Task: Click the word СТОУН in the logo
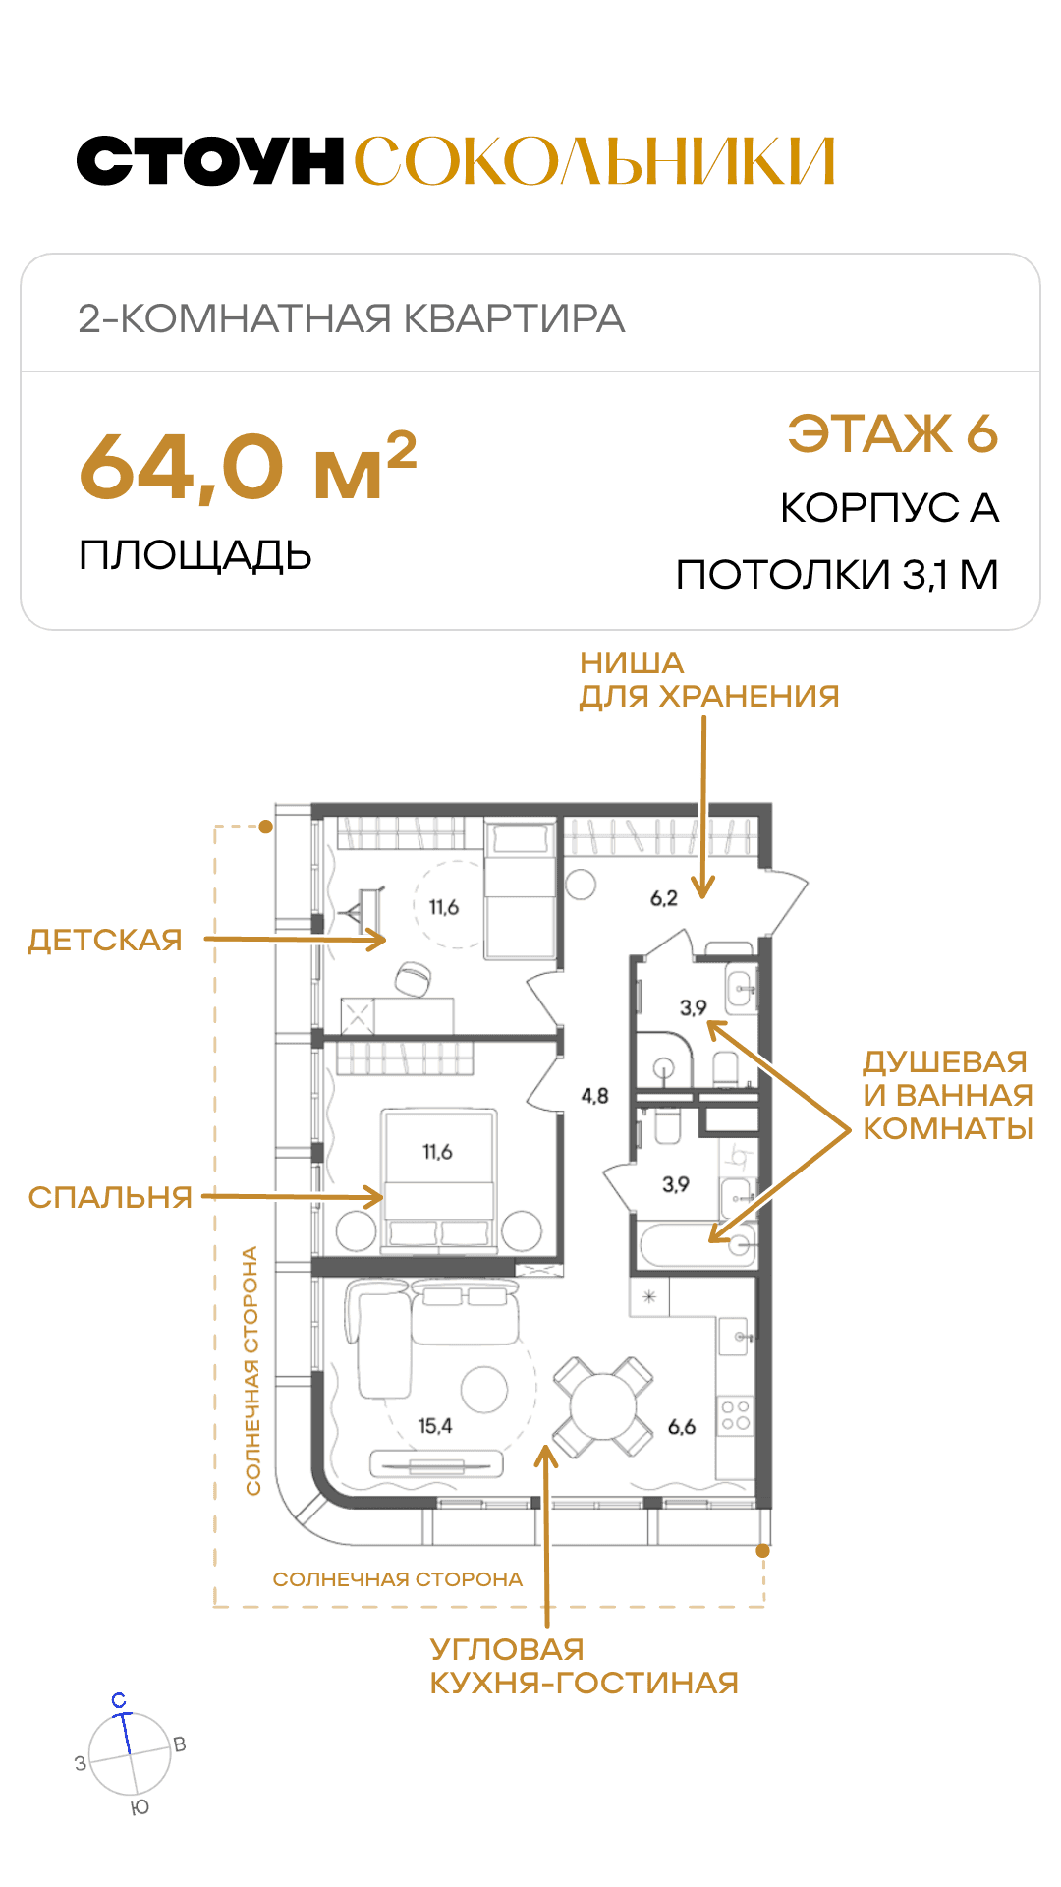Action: pyautogui.click(x=210, y=161)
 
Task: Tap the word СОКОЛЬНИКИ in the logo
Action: pyautogui.click(x=594, y=161)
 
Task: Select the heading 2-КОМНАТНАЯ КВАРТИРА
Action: pyautogui.click(x=352, y=318)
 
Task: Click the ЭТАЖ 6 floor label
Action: pyautogui.click(x=893, y=433)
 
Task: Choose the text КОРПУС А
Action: pyautogui.click(x=890, y=508)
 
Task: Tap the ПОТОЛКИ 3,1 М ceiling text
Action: pyautogui.click(x=837, y=575)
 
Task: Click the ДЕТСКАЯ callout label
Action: pyautogui.click(x=105, y=940)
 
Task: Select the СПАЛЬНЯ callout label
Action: pyautogui.click(x=110, y=1197)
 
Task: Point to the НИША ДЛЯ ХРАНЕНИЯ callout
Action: pyautogui.click(x=709, y=679)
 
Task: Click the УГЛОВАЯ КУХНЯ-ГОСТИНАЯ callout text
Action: pyautogui.click(x=584, y=1666)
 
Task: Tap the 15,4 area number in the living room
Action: pyautogui.click(x=435, y=1426)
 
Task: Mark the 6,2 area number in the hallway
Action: pyautogui.click(x=664, y=898)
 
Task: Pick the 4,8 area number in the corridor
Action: pyautogui.click(x=594, y=1095)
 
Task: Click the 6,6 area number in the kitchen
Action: pyautogui.click(x=682, y=1426)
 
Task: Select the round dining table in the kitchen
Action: pyautogui.click(x=603, y=1407)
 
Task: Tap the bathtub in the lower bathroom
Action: pyautogui.click(x=698, y=1245)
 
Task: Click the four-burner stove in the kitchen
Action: pyautogui.click(x=736, y=1414)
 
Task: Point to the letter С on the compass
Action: pyautogui.click(x=119, y=1700)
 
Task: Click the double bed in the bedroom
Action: pyautogui.click(x=439, y=1180)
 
